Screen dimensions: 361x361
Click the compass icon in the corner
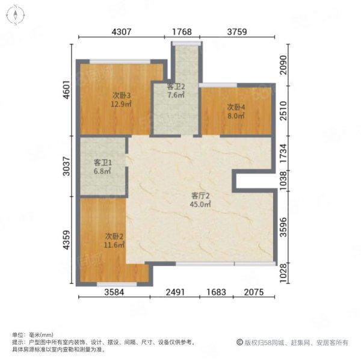(x=16, y=15)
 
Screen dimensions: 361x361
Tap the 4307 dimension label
(x=122, y=32)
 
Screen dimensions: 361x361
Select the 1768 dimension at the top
(x=182, y=32)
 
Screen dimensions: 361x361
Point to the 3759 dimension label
(x=237, y=32)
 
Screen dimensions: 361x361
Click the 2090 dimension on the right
(x=283, y=65)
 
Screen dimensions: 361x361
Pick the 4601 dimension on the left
(x=67, y=90)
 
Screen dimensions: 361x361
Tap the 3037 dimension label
(x=67, y=166)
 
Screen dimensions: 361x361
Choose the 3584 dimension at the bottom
(x=114, y=292)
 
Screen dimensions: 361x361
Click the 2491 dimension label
(x=175, y=292)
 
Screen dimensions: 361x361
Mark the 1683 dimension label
(x=216, y=292)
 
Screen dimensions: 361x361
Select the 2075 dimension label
(x=254, y=292)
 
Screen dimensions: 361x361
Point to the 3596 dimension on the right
(x=283, y=227)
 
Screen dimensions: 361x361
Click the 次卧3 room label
(x=122, y=95)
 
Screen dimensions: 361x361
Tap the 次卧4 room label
(x=236, y=107)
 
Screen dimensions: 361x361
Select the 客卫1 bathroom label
(x=103, y=163)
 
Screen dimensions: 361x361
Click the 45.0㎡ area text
(x=200, y=204)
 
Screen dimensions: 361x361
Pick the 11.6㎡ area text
(x=114, y=245)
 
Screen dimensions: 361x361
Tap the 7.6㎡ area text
(x=176, y=95)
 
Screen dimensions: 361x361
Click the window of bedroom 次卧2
(x=117, y=285)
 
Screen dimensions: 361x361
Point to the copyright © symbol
(x=239, y=342)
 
